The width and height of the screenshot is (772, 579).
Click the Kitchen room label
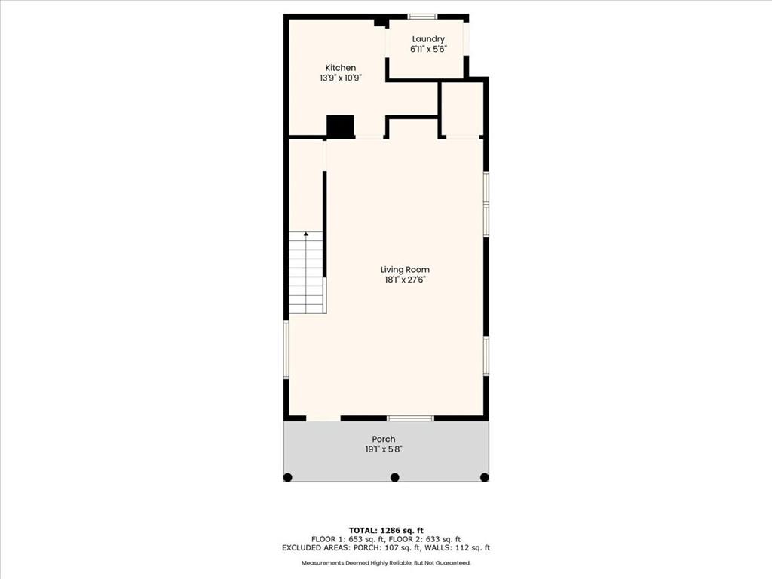pos(340,68)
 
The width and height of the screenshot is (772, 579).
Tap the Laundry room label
pos(428,39)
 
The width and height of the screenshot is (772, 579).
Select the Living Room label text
pos(405,270)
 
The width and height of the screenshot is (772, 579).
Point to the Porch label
pos(384,440)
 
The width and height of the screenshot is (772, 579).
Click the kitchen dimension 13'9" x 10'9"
pos(341,78)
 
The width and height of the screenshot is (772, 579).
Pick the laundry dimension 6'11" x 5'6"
pos(428,49)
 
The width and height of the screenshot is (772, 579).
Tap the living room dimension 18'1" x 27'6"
pos(405,280)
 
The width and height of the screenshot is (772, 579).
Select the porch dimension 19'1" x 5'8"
pos(384,449)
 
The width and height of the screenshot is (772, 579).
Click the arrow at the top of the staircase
pos(306,234)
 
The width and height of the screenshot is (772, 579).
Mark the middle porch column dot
pos(394,477)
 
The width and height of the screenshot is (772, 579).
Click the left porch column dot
pos(288,477)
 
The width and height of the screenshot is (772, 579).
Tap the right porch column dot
pos(485,477)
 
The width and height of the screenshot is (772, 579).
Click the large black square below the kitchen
pos(341,126)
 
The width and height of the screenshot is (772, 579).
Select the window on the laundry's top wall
pos(422,17)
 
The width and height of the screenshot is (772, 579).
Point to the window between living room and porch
pos(410,418)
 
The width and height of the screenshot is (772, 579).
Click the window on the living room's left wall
pos(286,350)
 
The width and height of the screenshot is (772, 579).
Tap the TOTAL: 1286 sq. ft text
pos(386,530)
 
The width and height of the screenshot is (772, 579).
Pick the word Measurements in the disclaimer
pos(320,562)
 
